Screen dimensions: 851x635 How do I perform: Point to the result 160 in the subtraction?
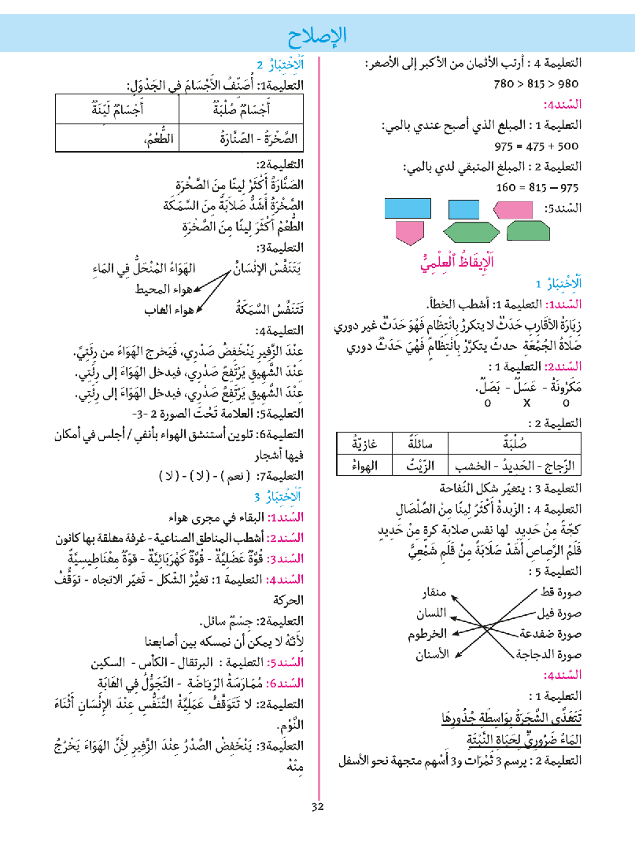tap(509, 188)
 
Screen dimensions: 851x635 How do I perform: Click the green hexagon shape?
tap(471, 232)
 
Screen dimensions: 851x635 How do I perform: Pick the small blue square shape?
tap(463, 208)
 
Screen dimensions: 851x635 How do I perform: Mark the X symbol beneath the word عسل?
tap(526, 403)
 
